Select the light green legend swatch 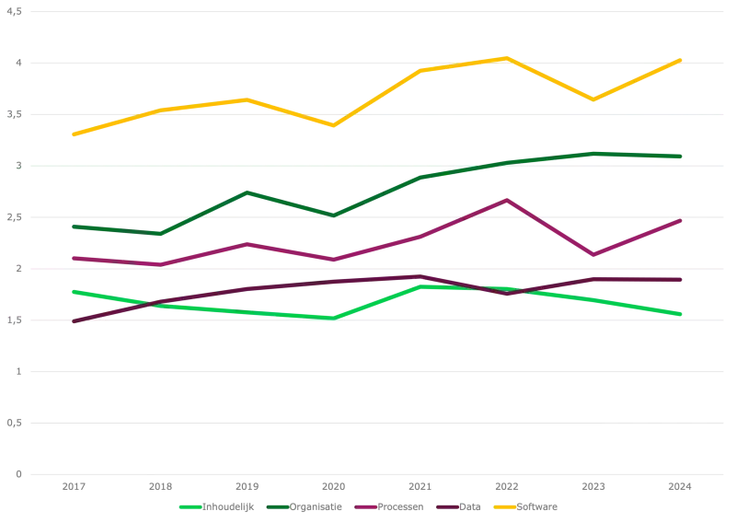point(190,506)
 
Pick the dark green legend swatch point(278,506)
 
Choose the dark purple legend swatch point(448,506)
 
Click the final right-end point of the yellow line point(682,56)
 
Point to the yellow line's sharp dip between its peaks point(593,99)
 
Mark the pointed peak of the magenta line point(505,197)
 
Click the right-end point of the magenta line point(682,220)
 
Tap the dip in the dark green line point(332,215)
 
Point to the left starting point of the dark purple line point(74,321)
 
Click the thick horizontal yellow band point(368,127)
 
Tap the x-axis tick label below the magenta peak point(507,484)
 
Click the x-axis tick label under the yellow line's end point(677,484)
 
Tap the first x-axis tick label point(74,484)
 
